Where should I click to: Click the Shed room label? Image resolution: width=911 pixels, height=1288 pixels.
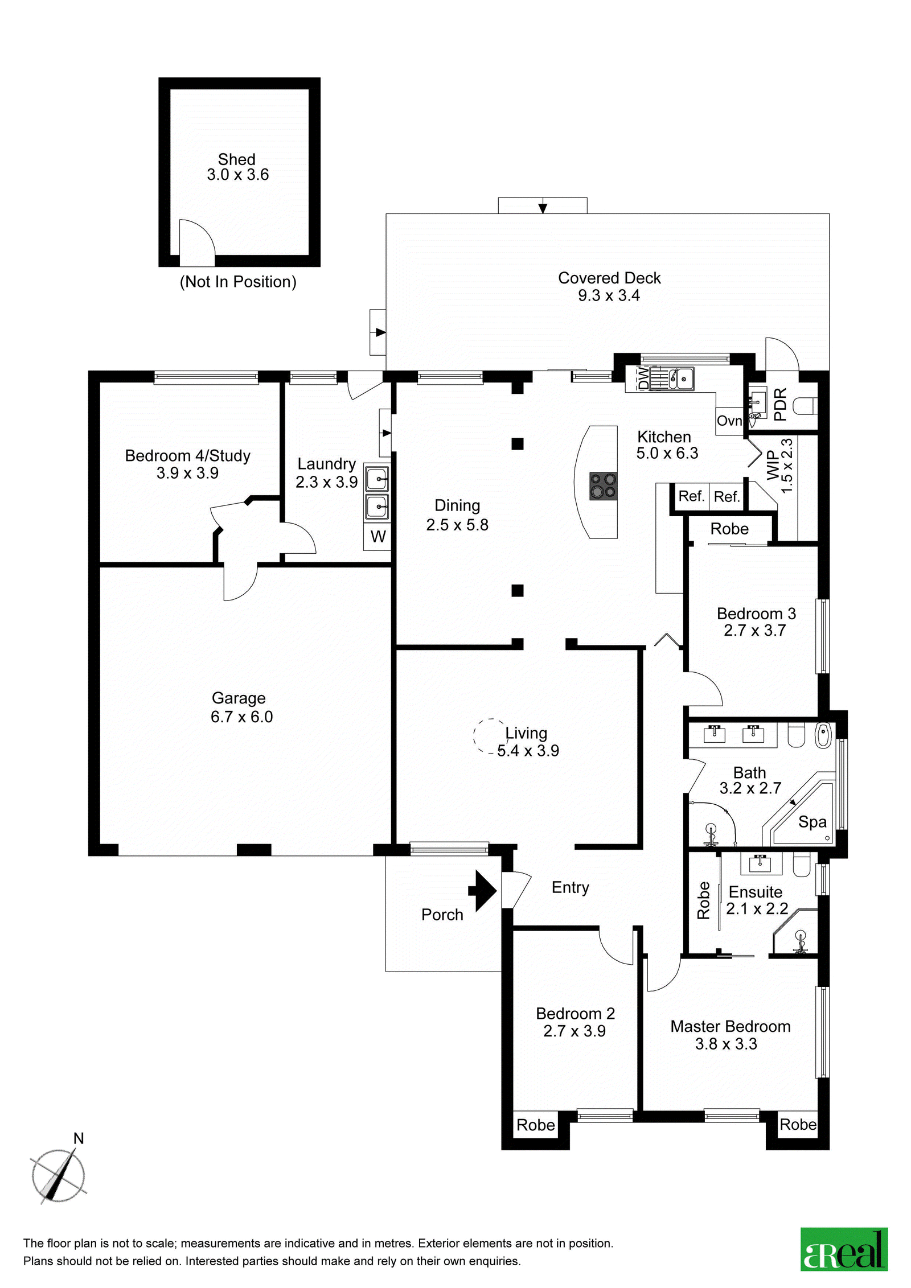point(236,159)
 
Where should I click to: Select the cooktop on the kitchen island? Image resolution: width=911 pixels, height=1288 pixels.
point(603,486)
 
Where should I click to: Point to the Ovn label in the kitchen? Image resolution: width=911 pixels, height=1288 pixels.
point(729,421)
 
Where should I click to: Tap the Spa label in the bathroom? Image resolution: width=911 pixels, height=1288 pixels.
point(812,822)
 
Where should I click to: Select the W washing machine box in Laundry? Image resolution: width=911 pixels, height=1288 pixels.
point(377,536)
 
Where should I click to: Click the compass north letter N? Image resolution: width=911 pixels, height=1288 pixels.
point(79,1138)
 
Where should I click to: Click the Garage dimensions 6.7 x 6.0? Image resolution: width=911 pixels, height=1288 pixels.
point(241,717)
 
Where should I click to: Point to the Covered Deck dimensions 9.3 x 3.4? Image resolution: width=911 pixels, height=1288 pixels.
point(609,295)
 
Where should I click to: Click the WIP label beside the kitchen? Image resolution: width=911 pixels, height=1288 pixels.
point(773,465)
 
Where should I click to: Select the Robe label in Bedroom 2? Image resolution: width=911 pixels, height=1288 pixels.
point(535,1125)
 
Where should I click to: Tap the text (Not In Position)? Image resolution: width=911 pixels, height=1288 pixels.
point(238,282)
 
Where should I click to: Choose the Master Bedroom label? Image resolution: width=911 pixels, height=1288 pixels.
point(731,1026)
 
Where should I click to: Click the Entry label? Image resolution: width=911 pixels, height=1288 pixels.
point(570,888)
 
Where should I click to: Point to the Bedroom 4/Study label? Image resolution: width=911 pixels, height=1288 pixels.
point(187,456)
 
